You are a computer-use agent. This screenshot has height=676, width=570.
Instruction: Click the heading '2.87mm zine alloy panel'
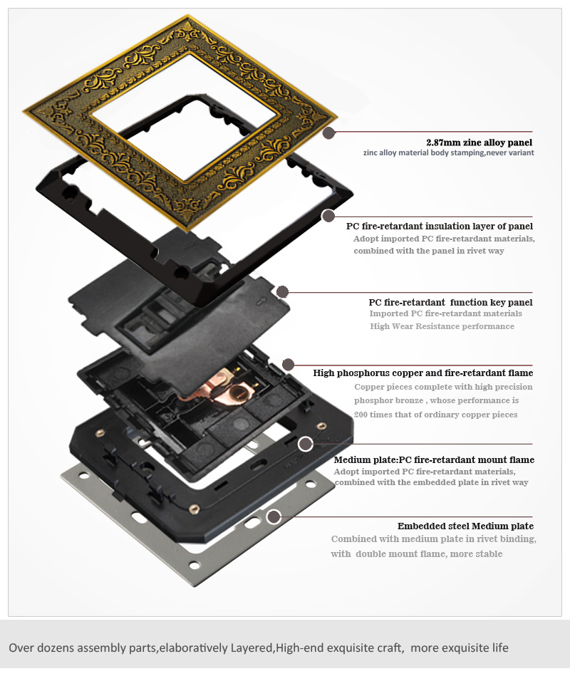click(479, 142)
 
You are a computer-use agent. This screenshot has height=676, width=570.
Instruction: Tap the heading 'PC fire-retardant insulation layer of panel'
click(440, 226)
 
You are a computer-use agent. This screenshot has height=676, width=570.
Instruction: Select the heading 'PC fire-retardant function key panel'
click(450, 302)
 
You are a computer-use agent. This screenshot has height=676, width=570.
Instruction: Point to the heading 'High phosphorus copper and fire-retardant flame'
click(423, 373)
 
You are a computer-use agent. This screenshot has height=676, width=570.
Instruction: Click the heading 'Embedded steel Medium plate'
click(466, 526)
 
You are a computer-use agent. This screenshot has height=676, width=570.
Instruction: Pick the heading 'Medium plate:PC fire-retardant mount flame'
click(434, 459)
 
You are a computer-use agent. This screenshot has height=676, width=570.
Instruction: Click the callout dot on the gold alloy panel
click(329, 132)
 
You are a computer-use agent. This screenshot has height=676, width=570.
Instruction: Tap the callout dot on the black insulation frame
click(328, 216)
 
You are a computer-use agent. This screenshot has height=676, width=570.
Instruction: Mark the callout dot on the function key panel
click(282, 292)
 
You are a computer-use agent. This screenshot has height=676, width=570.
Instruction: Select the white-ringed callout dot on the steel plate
click(274, 516)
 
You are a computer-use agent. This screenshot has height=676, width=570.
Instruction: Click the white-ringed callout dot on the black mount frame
click(306, 444)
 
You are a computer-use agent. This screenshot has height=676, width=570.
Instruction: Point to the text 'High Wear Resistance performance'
click(442, 326)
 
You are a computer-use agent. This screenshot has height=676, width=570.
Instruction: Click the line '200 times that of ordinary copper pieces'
click(435, 415)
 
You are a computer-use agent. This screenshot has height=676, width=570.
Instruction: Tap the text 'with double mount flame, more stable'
click(417, 554)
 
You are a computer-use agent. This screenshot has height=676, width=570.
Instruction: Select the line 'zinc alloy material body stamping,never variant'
click(448, 152)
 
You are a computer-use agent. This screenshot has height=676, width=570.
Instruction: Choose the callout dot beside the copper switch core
click(289, 364)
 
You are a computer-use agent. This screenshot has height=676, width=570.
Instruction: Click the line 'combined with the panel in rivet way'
click(429, 251)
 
